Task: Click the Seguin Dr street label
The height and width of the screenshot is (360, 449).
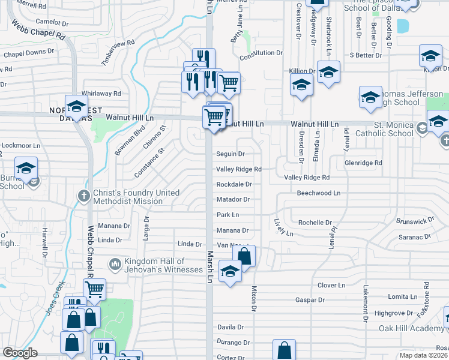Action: (231, 154)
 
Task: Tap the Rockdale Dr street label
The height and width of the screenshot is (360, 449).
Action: (234, 184)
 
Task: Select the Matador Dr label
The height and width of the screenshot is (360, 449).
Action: (233, 199)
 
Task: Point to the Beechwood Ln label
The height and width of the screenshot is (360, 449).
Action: (318, 193)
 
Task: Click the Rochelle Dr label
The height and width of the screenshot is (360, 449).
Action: (315, 223)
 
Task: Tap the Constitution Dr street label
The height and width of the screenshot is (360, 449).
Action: (261, 53)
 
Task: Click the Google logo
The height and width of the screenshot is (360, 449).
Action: (20, 353)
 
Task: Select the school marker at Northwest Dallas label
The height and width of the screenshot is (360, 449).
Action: (76, 107)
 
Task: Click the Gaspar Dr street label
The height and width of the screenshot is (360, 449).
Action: (310, 299)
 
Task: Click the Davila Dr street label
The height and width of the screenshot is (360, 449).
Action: (231, 328)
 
